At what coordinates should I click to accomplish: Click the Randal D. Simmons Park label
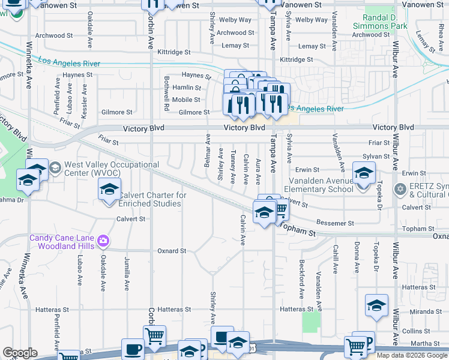pyautogui.click(x=385, y=22)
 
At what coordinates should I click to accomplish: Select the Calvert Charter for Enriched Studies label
pyautogui.click(x=152, y=199)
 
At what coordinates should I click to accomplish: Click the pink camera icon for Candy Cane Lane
pyautogui.click(x=104, y=241)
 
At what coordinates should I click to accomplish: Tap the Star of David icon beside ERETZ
pyautogui.click(x=400, y=190)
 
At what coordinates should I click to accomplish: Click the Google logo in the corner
pyautogui.click(x=19, y=353)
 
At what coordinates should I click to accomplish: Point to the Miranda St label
pyautogui.click(x=427, y=311)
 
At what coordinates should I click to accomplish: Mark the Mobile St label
pyautogui.click(x=186, y=100)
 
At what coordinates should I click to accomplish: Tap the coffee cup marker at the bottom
pyautogui.click(x=133, y=349)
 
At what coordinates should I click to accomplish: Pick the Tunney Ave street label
pyautogui.click(x=233, y=167)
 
